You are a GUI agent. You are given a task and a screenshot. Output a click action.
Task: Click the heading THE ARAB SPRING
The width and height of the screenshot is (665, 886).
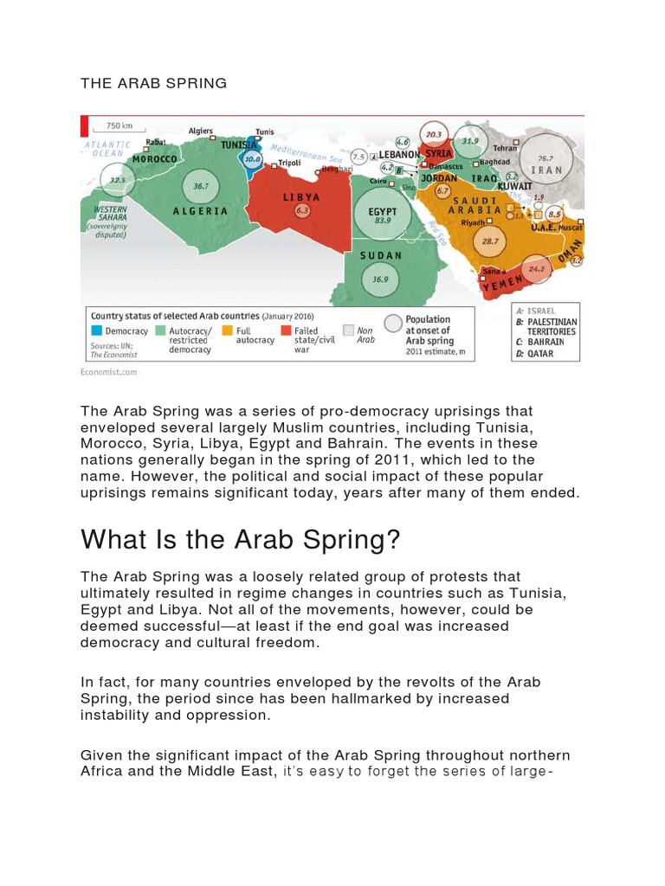[x=153, y=83]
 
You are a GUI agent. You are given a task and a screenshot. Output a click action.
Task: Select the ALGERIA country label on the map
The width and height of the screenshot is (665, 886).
[x=200, y=210]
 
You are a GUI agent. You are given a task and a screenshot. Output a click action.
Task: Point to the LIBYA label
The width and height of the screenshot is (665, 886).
[x=301, y=197]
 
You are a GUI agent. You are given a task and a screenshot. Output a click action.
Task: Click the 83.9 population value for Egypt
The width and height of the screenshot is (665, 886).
[x=382, y=221]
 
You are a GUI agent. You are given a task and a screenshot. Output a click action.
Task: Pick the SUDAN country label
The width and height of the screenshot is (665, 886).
[x=381, y=255]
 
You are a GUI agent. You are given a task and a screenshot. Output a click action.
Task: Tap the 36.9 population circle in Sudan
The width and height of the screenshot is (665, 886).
[x=379, y=279]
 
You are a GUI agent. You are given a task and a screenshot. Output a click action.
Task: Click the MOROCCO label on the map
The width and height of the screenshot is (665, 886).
[x=155, y=159]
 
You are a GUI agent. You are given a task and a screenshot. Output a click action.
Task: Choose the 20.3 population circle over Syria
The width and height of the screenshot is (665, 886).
[x=434, y=134]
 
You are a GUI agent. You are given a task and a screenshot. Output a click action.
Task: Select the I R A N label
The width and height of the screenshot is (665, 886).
[x=546, y=170]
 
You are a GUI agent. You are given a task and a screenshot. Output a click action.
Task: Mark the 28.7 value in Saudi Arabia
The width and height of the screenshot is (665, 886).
[x=490, y=241]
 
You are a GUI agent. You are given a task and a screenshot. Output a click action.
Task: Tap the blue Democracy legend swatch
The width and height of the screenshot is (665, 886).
[x=97, y=330]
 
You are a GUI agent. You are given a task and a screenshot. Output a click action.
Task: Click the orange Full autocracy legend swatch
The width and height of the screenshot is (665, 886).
[x=228, y=330]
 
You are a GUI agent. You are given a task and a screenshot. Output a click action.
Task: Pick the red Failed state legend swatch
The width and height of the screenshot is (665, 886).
[x=287, y=330]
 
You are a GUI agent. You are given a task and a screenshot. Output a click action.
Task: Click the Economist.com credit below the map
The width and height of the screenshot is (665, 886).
[x=108, y=372]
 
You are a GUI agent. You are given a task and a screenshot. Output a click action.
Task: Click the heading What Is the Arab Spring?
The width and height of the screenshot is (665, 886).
[x=241, y=540]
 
